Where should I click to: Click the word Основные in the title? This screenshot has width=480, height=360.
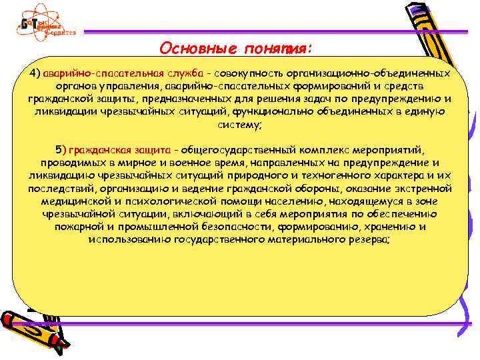coord(193,49)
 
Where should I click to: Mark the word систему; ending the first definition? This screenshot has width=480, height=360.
coord(240,125)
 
